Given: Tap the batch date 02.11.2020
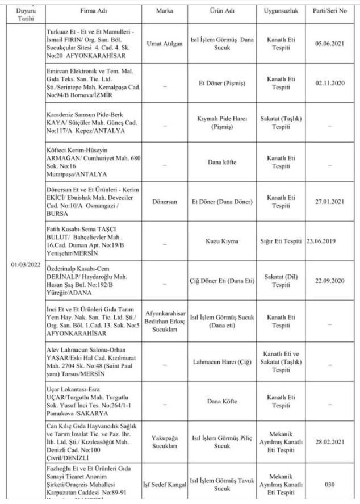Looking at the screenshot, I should [x=332, y=82].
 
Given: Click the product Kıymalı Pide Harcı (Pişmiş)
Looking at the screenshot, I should [x=222, y=124].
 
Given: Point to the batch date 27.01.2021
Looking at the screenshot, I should [x=332, y=202].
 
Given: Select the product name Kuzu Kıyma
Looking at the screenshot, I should [x=222, y=241].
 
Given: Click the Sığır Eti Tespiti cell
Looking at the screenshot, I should [x=281, y=241].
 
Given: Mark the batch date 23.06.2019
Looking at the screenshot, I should [x=321, y=241].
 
